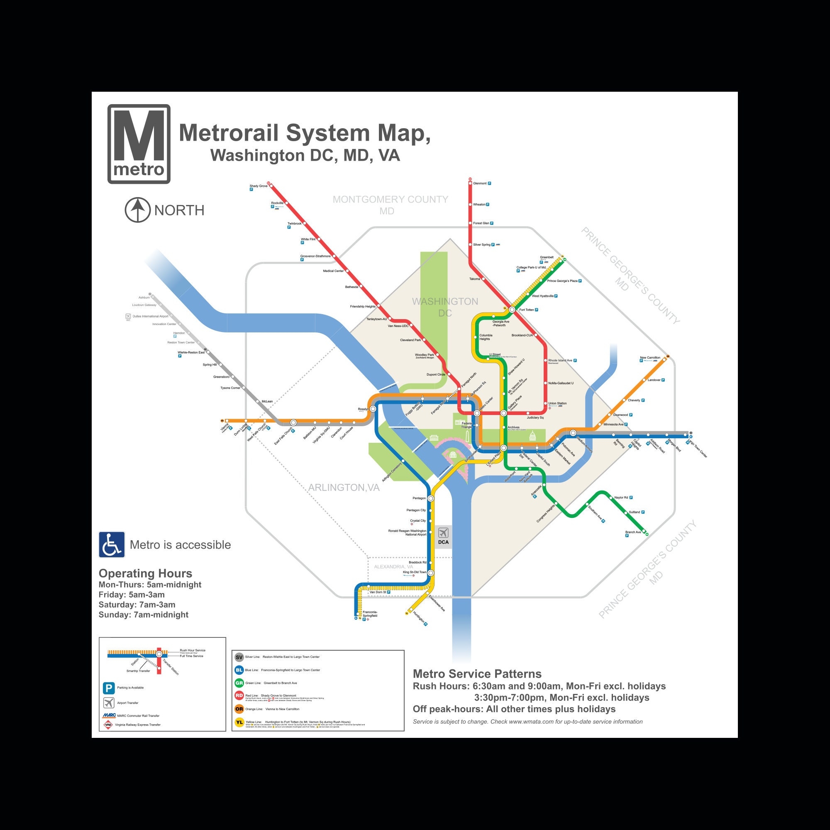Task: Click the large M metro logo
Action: (139, 144)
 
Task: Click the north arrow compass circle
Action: (137, 210)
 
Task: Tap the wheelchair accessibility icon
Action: (112, 544)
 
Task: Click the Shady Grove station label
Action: (258, 186)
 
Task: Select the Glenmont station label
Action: (480, 183)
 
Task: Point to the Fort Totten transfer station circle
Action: (512, 309)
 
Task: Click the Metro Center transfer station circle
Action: (477, 413)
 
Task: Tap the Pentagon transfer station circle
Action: (430, 498)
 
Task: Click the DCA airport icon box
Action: (443, 536)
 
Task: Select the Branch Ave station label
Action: (633, 532)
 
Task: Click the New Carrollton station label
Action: (649, 357)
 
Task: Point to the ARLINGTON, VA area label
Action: (344, 488)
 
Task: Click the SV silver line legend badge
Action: (239, 657)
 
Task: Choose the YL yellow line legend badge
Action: (239, 723)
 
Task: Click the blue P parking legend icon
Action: (108, 688)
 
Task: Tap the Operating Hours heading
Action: (145, 574)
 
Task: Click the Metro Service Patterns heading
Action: (477, 674)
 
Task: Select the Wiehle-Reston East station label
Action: (191, 352)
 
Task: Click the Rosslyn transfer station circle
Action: (373, 409)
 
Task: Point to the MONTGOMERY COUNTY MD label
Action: (390, 205)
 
